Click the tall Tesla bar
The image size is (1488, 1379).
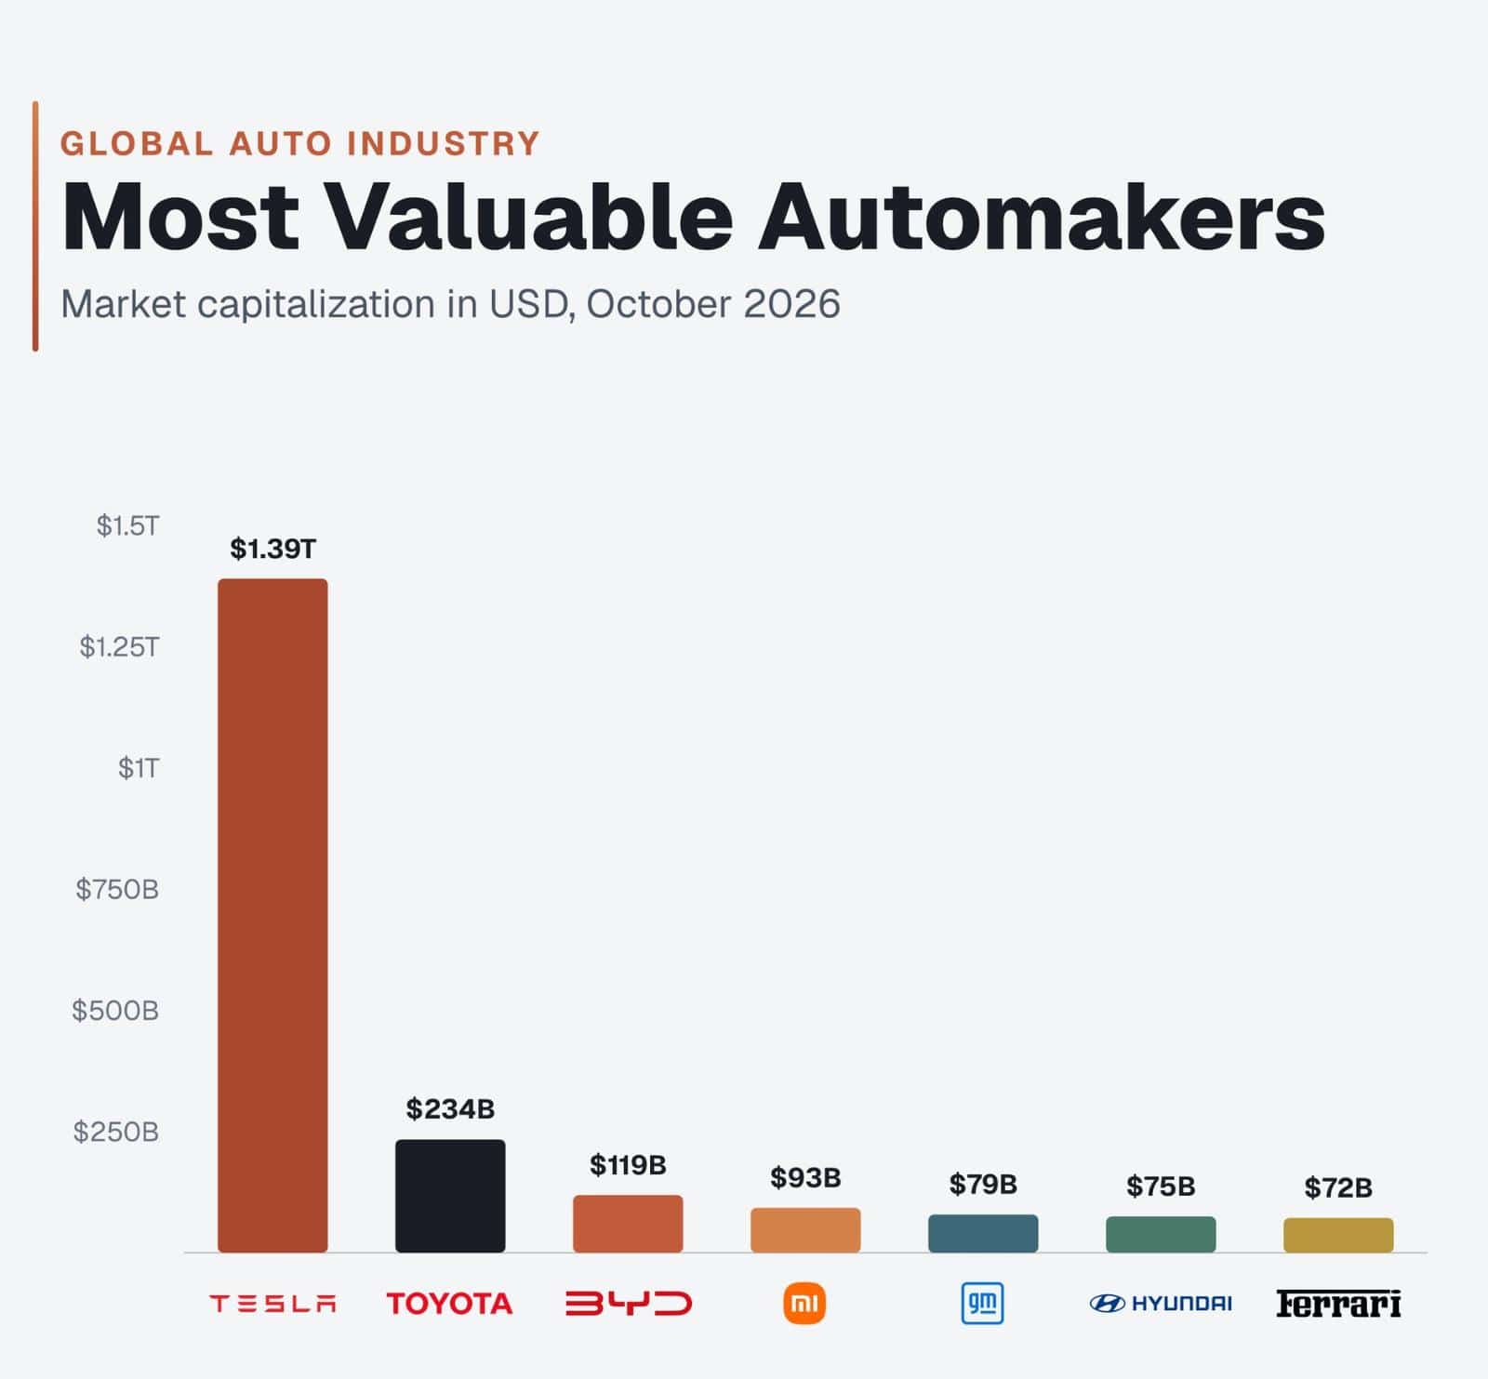272,915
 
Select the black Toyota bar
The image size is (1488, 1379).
450,1196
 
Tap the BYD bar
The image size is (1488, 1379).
628,1224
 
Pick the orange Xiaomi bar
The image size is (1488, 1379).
805,1230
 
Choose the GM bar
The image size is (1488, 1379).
983,1233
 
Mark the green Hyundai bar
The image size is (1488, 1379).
1161,1234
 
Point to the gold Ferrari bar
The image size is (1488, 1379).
1338,1235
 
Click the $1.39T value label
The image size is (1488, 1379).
273,549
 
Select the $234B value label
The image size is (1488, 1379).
450,1108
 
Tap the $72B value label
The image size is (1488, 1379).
1338,1187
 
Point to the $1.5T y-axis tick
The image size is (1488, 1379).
128,526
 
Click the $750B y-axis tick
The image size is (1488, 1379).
117,890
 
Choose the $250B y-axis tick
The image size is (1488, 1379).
116,1132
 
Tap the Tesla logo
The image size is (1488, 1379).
272,1304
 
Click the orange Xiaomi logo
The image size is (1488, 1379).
805,1304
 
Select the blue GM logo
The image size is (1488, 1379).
983,1304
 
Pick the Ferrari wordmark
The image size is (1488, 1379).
1338,1304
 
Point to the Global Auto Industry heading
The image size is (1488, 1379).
300,144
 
